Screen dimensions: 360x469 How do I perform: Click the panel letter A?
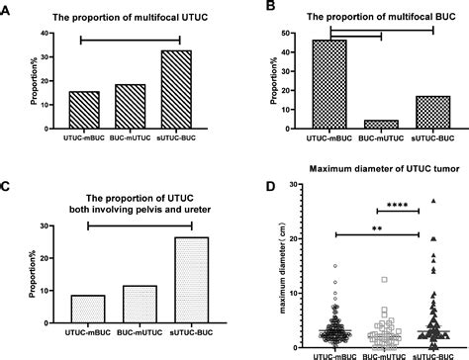pyautogui.click(x=8, y=9)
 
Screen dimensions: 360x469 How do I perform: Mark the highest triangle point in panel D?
pyautogui.click(x=433, y=201)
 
